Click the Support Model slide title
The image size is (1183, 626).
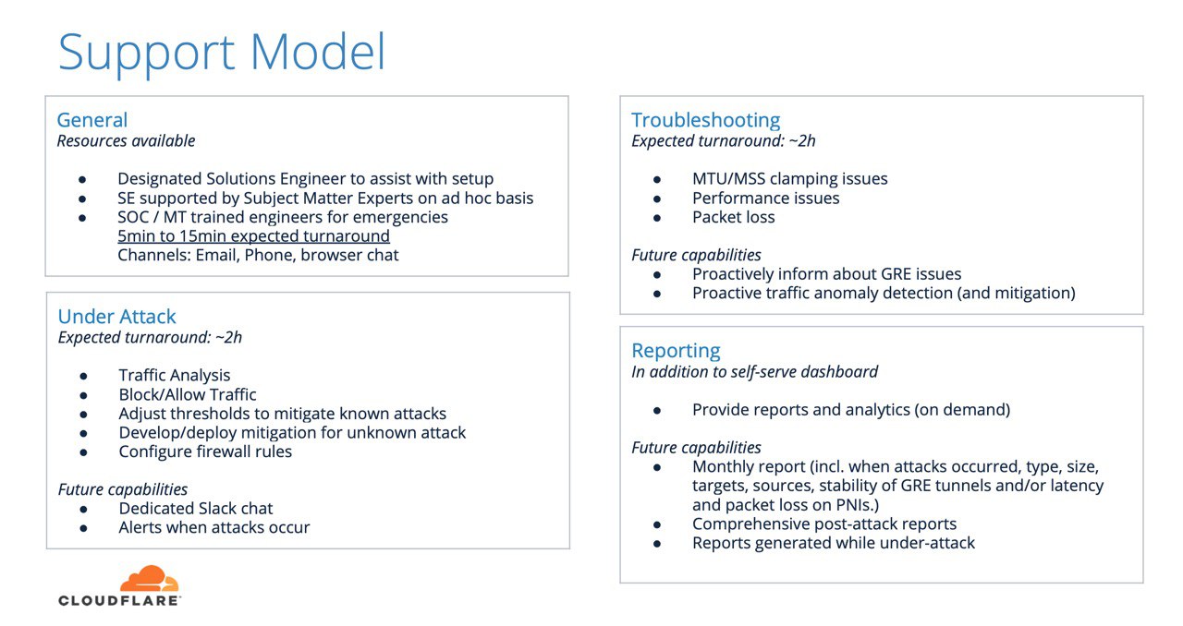(222, 53)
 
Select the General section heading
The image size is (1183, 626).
(92, 120)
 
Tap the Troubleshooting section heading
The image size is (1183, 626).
(705, 121)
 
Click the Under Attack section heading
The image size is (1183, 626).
(116, 316)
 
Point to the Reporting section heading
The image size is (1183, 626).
(676, 351)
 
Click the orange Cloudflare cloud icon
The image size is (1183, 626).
(150, 578)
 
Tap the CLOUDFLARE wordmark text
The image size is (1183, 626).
(119, 600)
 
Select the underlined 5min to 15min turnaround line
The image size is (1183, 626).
(253, 236)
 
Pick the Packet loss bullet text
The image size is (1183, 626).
(734, 217)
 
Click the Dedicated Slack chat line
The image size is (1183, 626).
(196, 509)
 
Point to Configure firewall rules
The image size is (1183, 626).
(205, 451)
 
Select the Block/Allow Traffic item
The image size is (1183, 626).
(188, 394)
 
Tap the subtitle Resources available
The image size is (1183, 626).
(127, 141)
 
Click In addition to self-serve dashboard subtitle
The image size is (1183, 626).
(755, 371)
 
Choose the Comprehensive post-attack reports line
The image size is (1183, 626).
(824, 524)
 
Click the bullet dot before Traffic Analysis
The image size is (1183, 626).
(83, 377)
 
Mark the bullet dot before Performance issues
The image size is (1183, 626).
(657, 199)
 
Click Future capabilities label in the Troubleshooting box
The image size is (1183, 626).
(696, 255)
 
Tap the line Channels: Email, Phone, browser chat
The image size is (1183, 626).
(258, 255)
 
